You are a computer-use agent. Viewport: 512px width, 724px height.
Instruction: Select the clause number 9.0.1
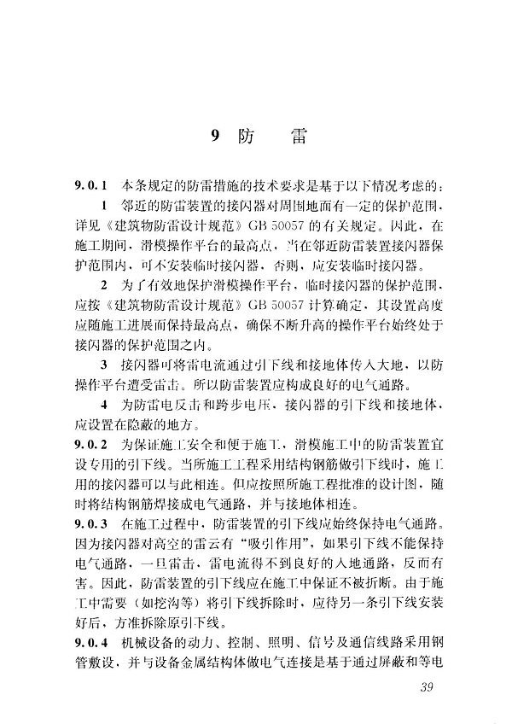pos(90,185)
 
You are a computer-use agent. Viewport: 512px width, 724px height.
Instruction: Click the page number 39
pos(422,690)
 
